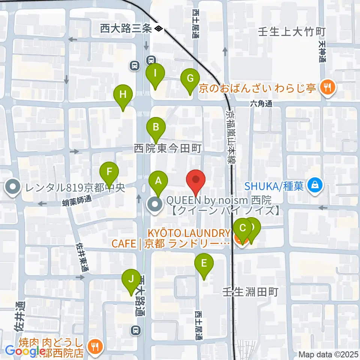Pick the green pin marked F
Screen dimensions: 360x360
click(x=109, y=172)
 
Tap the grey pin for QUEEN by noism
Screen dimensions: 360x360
click(x=155, y=205)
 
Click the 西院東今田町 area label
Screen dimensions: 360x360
click(x=168, y=149)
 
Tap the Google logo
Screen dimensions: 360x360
click(x=24, y=351)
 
